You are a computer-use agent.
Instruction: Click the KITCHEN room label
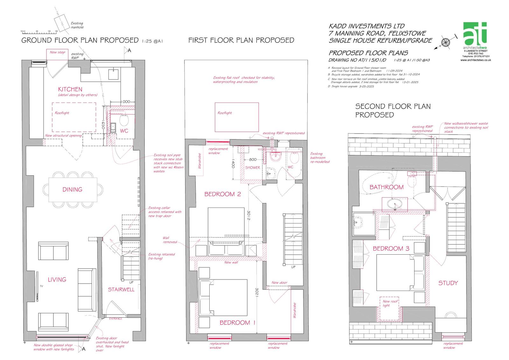point(70,89)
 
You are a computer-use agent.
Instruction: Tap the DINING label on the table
point(72,189)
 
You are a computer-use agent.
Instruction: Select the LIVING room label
point(57,279)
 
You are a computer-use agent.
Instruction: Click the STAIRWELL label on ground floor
point(121,289)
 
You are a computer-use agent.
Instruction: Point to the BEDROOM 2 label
point(222,194)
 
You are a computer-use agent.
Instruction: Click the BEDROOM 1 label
point(237,322)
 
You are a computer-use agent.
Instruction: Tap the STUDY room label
point(448,283)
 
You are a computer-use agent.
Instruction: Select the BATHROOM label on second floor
point(386,187)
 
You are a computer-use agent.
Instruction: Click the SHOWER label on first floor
point(252,167)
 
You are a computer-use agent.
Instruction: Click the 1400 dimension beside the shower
point(233,164)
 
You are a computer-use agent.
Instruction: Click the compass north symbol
point(446,42)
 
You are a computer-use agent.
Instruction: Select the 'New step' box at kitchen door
point(57,52)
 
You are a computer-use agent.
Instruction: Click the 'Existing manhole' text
point(77,25)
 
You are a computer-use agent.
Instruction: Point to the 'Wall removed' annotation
point(170,240)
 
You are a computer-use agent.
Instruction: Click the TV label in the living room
point(41,286)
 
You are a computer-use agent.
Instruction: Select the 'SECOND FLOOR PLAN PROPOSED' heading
point(393,110)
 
